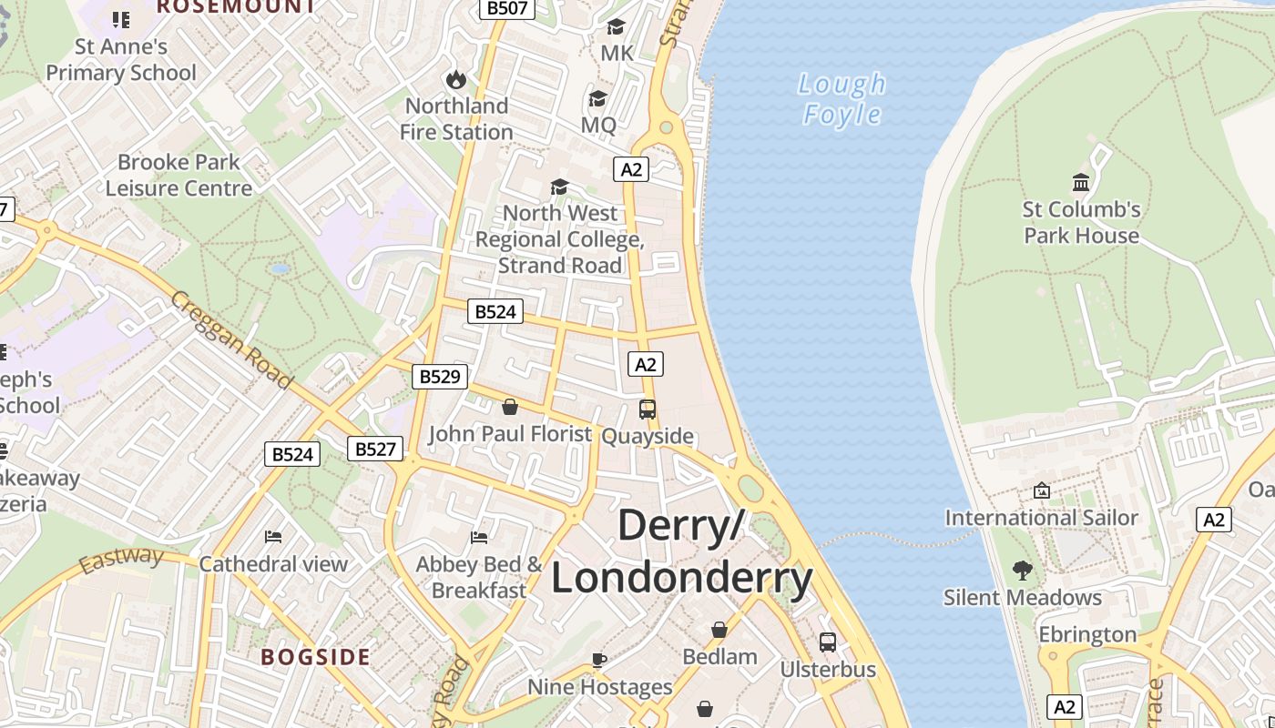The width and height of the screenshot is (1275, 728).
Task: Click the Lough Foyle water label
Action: coord(841,98)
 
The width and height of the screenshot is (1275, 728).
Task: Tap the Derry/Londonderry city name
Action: coord(681,552)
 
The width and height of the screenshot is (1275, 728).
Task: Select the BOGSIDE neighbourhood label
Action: coord(316,657)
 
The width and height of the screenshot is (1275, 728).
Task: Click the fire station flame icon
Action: coord(455,80)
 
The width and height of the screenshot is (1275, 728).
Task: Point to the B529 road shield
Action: coord(440,376)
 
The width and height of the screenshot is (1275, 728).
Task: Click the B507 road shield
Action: coord(507,7)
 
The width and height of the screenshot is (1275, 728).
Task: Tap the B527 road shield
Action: coord(374,449)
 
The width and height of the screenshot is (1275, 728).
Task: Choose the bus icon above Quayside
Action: coord(648,409)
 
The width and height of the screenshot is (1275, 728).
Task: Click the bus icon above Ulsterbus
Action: coord(828,642)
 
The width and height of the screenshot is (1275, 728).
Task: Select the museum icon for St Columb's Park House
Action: coord(1081,183)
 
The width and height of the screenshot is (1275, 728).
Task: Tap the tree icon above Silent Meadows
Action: coord(1023,571)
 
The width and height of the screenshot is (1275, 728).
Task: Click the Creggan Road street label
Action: coord(231,339)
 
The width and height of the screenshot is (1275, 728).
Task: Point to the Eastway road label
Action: coord(120,560)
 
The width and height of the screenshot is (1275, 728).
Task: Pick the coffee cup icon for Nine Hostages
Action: coord(599,660)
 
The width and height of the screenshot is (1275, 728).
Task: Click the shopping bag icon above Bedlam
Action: coord(719,630)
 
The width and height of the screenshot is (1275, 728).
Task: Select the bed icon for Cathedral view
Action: coord(273,537)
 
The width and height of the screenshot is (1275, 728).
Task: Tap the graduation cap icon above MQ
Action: coord(597,98)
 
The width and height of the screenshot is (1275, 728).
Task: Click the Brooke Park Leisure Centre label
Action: coord(178,175)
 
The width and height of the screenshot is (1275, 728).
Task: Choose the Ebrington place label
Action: coord(1087,634)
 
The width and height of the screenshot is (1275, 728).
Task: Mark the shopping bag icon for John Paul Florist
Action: coord(510,407)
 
